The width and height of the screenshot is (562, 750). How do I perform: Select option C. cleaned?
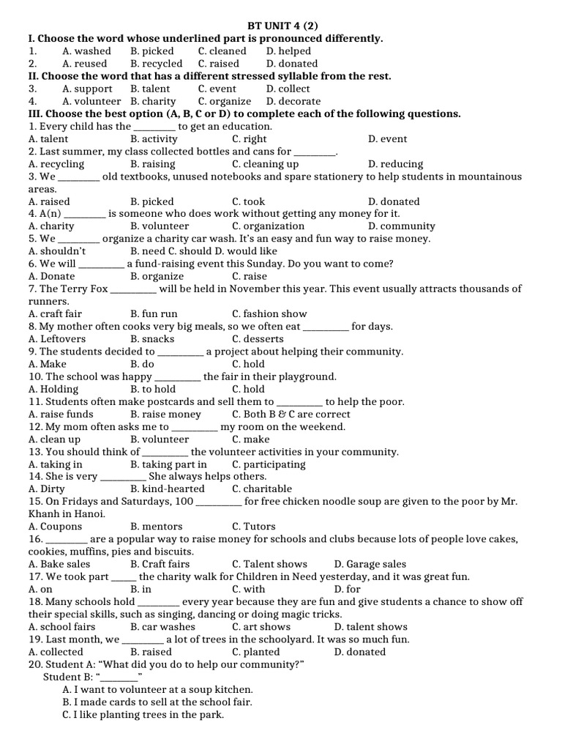tap(222, 51)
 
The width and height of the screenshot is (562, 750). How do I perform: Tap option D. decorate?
tap(293, 101)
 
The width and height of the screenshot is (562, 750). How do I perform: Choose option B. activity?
tap(154, 139)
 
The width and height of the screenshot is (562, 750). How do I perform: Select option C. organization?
tap(268, 226)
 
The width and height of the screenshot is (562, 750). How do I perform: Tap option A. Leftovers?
tap(57, 339)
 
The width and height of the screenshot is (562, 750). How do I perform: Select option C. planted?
tap(255, 652)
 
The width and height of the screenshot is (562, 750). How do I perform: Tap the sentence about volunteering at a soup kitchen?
tap(158, 689)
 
